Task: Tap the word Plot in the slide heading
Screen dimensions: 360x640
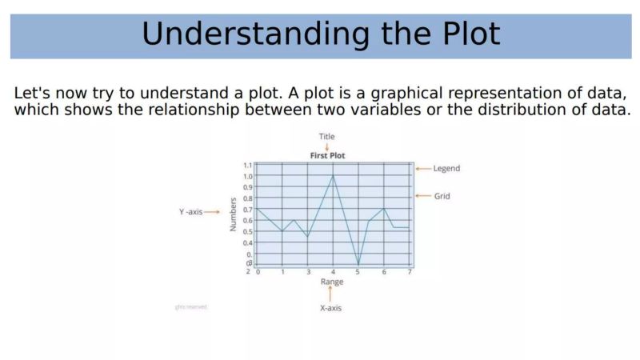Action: pyautogui.click(x=458, y=34)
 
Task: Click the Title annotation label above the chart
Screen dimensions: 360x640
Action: pyautogui.click(x=327, y=137)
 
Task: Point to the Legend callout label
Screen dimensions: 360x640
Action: pyautogui.click(x=446, y=169)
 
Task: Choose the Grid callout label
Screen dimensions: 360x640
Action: pyautogui.click(x=442, y=196)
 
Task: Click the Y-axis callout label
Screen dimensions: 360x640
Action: pyautogui.click(x=190, y=212)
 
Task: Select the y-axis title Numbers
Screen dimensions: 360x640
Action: pyautogui.click(x=234, y=214)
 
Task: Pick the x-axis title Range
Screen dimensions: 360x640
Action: pyautogui.click(x=332, y=282)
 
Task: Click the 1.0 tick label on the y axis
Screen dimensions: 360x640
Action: pyautogui.click(x=247, y=176)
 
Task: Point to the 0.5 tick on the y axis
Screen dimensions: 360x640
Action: pyautogui.click(x=247, y=231)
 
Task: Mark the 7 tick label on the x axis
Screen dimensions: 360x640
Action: pyautogui.click(x=410, y=272)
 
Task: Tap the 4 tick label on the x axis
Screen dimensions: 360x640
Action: pyautogui.click(x=333, y=272)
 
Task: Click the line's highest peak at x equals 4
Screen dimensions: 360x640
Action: pyautogui.click(x=333, y=176)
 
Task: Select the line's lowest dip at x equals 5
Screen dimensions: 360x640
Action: pyautogui.click(x=358, y=265)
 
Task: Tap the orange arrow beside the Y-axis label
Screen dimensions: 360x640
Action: pyautogui.click(x=212, y=212)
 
